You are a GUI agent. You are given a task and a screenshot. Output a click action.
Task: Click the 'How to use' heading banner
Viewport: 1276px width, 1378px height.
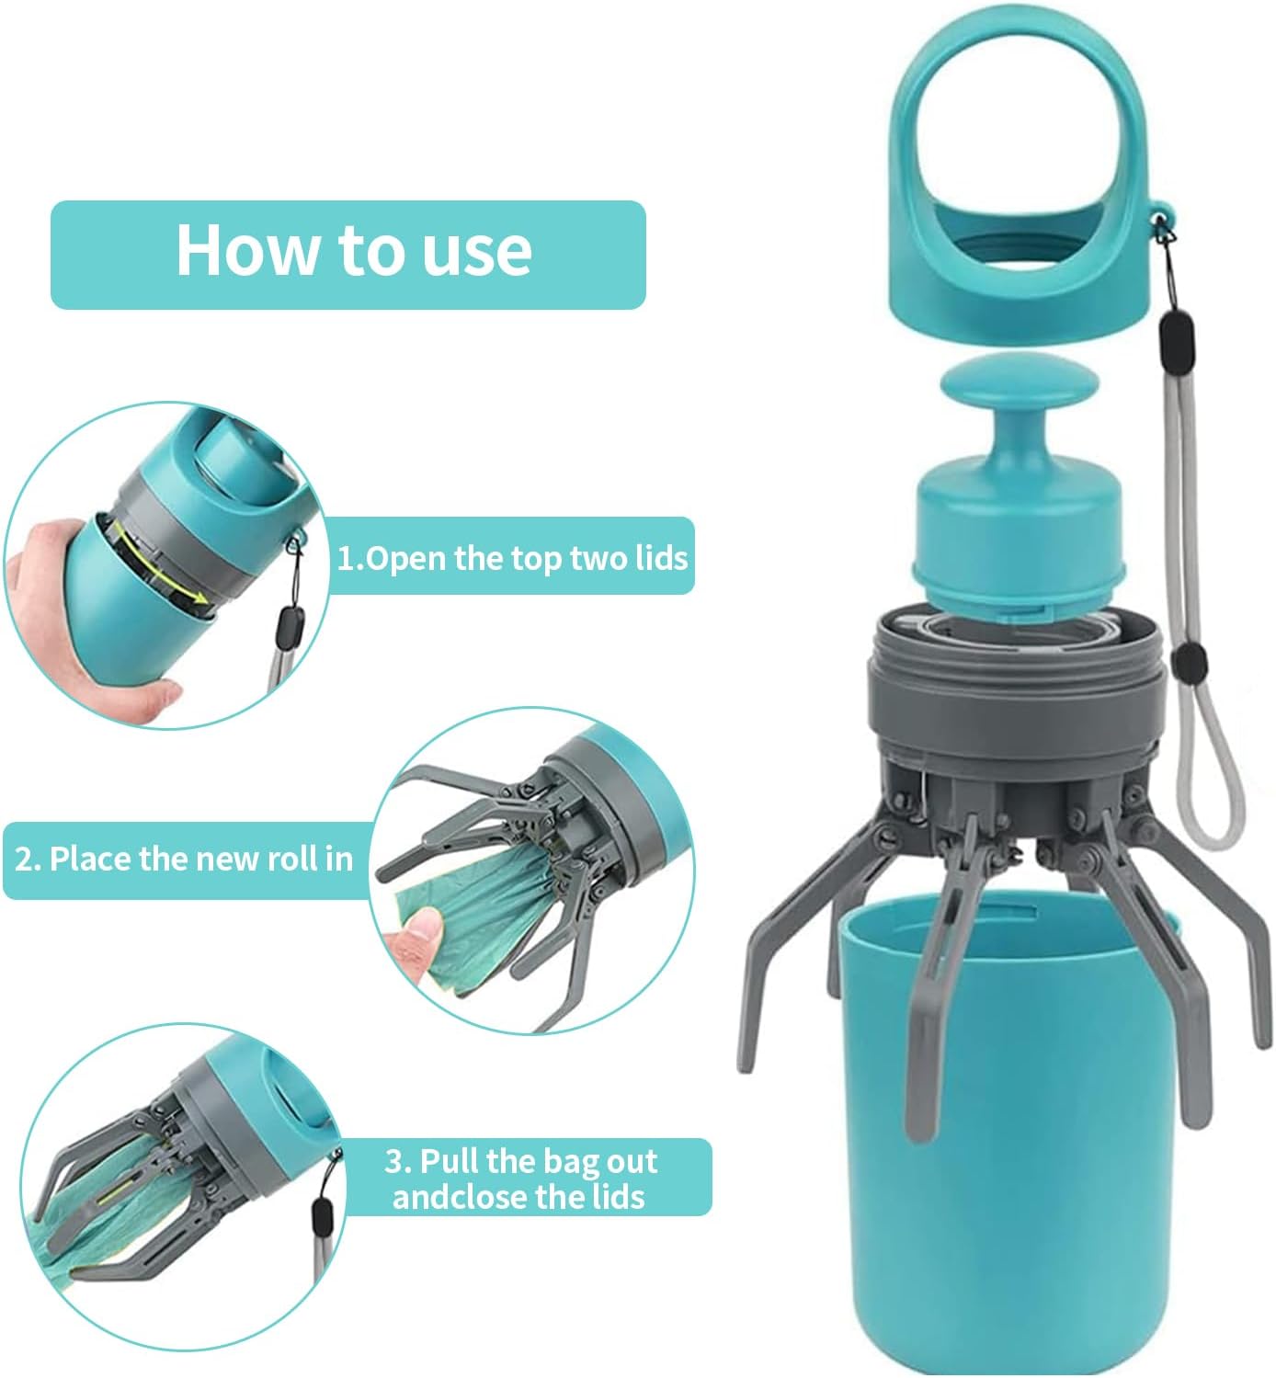tap(347, 254)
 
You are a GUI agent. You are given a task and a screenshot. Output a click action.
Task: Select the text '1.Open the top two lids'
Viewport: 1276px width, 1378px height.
tap(511, 557)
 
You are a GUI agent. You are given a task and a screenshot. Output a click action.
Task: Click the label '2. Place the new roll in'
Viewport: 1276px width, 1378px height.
tap(184, 859)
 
